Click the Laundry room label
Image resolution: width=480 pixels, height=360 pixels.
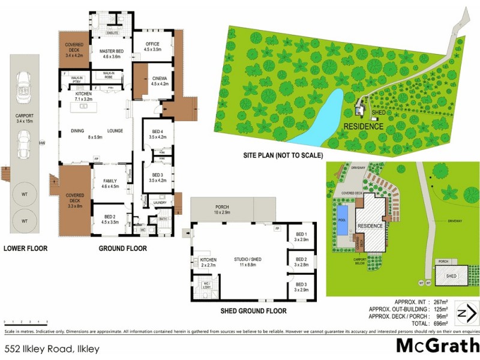(x=160, y=203)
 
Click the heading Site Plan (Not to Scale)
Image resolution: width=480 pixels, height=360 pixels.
(x=281, y=154)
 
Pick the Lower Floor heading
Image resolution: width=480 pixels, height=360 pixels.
(x=25, y=248)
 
